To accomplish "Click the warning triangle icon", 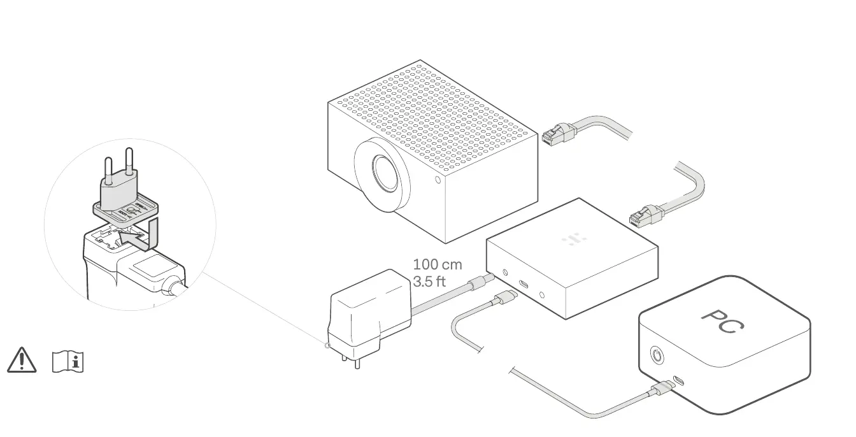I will coord(21,360).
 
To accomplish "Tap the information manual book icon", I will coord(68,361).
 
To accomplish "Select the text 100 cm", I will coord(438,264).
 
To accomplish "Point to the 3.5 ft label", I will coord(430,281).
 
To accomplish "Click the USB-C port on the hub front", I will coord(523,285).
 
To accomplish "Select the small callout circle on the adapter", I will coord(328,346).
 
